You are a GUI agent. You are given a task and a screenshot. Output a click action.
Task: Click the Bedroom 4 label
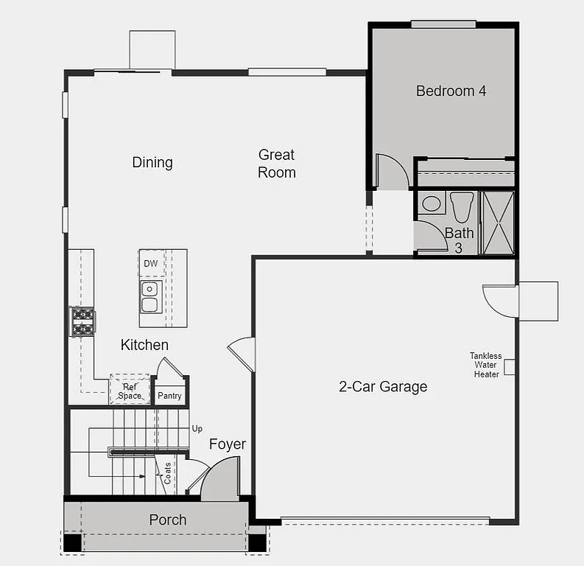pos(451,91)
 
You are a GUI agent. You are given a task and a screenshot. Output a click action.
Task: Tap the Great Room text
pos(277,164)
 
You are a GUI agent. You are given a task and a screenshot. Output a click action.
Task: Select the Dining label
pos(152,162)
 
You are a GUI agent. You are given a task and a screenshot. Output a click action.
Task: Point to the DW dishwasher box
pos(151,263)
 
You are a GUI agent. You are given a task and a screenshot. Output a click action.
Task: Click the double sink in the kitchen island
pos(150,296)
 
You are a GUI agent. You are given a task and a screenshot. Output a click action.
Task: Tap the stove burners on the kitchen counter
pos(82,321)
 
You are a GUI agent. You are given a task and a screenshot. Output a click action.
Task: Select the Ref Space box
pos(130,391)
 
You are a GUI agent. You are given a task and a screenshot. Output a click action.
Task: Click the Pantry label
pos(169,396)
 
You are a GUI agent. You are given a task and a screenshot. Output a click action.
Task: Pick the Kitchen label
pos(144,345)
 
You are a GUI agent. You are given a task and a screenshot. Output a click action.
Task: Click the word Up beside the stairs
pos(197,428)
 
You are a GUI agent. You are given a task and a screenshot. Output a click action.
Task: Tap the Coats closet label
pos(168,472)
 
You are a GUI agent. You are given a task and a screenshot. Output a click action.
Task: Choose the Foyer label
pos(228,444)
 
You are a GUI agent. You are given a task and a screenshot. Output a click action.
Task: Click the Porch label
pos(168,520)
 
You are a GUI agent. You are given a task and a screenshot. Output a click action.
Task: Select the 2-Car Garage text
pos(383,387)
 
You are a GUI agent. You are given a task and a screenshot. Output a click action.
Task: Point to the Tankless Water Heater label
pos(485,365)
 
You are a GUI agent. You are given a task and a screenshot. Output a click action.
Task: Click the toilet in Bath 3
pos(462,206)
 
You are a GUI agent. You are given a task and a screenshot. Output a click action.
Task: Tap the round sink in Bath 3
pos(432,203)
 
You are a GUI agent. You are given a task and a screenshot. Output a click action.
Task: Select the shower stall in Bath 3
pos(497,223)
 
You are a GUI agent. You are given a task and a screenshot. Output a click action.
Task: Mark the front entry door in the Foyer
pos(220,481)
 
